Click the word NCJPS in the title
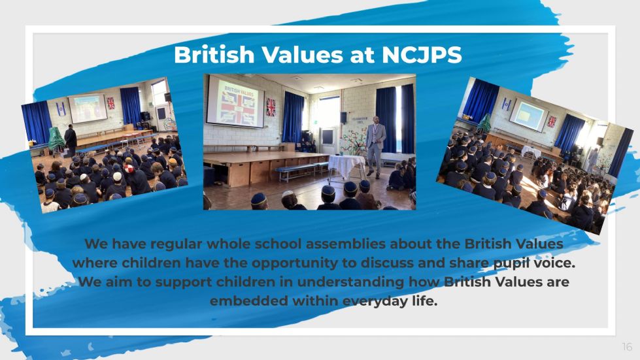pos(422,55)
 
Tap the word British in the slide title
pos(214,55)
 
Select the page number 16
pos(627,346)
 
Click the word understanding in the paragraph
pos(350,282)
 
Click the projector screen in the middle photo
pos(235,102)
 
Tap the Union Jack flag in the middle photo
pos(271,106)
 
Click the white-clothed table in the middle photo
pos(346,167)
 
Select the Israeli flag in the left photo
pos(60,108)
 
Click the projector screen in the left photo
pos(88,108)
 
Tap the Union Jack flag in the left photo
pos(110,103)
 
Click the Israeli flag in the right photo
pos(506,105)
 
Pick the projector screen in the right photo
pos(529,114)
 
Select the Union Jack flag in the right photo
pos(552,122)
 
